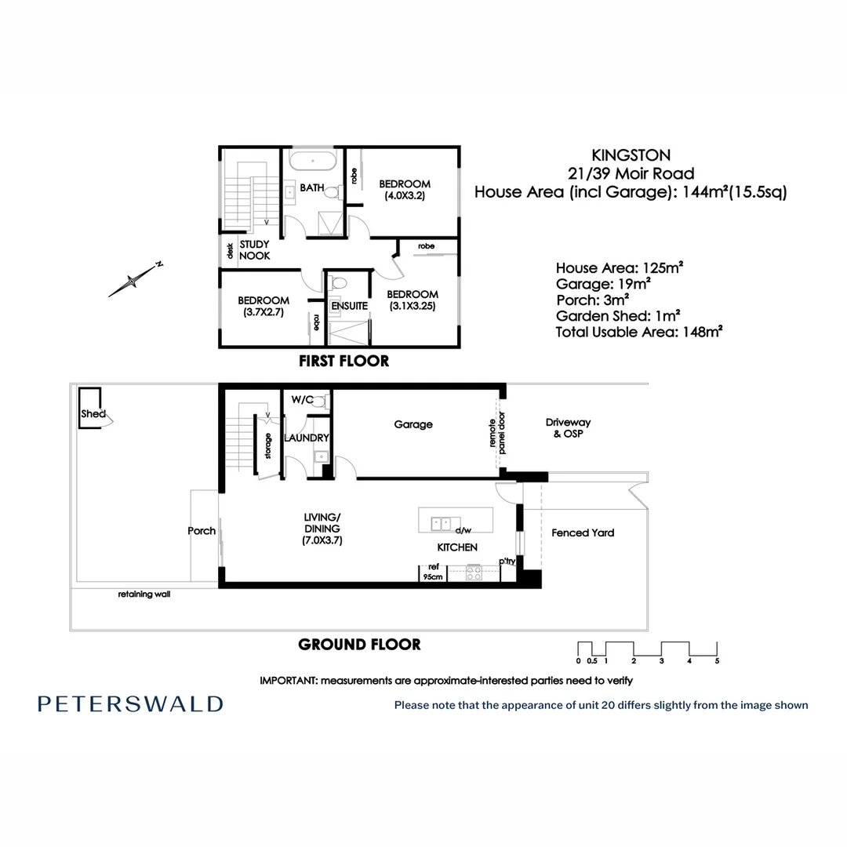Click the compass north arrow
pos(136,280)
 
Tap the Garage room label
pos(413,424)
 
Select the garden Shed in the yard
pos(91,408)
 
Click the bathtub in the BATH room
pos(313,161)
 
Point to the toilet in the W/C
pos(320,401)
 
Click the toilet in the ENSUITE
pos(339,284)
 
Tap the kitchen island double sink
pos(442,523)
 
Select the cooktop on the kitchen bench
pos(474,573)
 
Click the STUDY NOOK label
pos(254,250)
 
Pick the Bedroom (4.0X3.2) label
pos(405,190)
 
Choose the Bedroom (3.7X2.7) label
pos(264,306)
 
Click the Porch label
pos(202,531)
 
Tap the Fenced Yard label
pos(583,533)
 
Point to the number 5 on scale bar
pos(717,660)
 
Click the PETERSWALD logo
pos(130,703)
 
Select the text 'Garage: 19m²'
pos(603,284)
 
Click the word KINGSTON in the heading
pos(631,155)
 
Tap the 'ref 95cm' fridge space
pos(433,573)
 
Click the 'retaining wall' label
pos(144,594)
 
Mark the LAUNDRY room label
pos(307,438)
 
